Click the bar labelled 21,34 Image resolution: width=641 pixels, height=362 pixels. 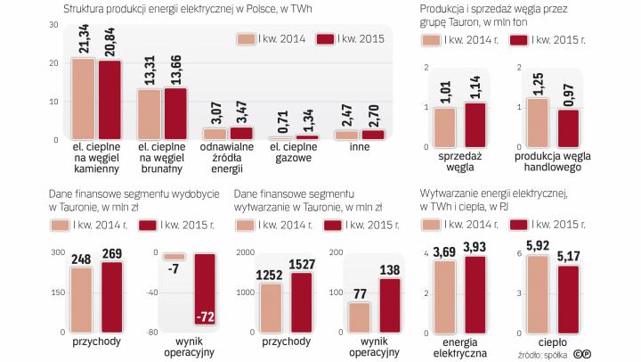(84, 99)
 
